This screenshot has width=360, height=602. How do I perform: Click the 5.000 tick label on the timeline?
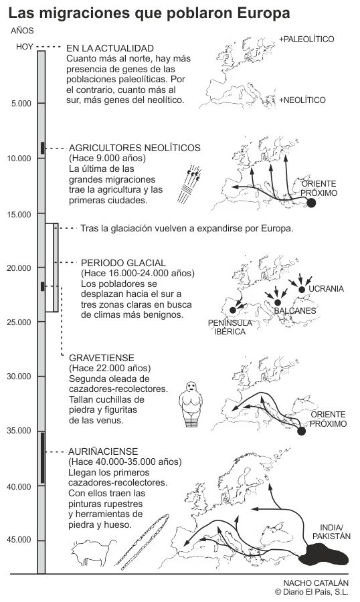21,104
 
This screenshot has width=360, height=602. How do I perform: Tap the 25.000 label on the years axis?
19,322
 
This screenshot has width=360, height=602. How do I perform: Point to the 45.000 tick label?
19,540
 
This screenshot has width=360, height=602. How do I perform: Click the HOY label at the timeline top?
25,47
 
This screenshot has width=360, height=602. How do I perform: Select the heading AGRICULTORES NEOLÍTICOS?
134,148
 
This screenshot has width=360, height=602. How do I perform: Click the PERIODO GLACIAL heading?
123,263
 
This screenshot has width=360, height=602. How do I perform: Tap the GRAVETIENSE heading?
102,358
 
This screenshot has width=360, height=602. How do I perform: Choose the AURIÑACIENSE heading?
102,451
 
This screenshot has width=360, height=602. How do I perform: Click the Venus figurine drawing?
190,404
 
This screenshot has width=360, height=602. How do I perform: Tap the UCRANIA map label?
326,289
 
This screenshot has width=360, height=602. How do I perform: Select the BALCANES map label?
295,310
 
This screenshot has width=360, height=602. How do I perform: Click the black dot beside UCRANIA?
302,290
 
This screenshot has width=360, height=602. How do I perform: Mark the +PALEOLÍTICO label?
306,39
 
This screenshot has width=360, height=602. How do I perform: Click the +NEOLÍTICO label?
302,100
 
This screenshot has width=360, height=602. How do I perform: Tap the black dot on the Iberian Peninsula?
232,310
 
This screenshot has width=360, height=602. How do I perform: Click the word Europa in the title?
264,13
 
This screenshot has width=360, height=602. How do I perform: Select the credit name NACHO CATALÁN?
316,583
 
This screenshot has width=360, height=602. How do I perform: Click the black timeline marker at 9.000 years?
42,148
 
